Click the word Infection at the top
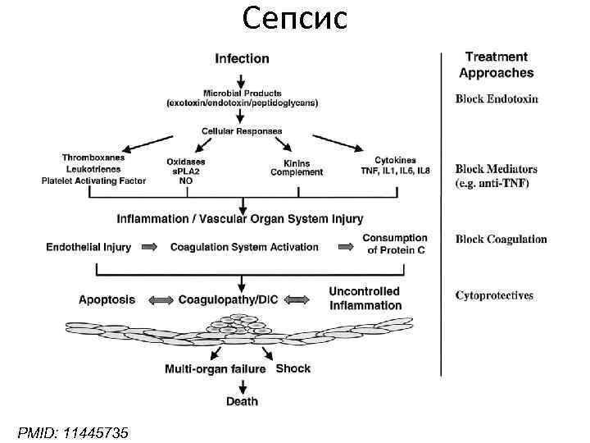pos(242,58)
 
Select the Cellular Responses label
pos(242,131)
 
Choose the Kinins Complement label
pos(297,167)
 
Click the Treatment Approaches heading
pos(497,65)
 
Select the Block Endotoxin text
pos(497,99)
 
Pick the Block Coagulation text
pos(501,240)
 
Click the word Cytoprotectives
pos(494,295)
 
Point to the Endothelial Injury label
pos(88,247)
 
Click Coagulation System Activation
pos(244,247)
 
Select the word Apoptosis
pos(107,300)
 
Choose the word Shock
pos(293,368)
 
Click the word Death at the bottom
pos(242,401)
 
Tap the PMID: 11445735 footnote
pos(73,432)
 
